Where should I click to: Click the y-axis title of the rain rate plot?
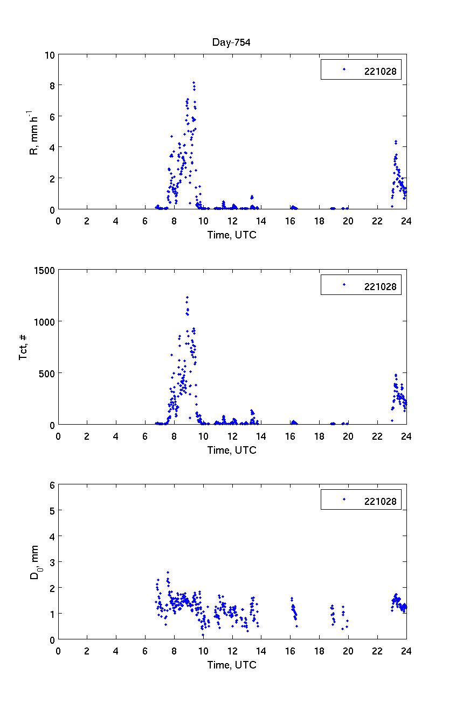pos(33,132)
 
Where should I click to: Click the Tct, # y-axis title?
pos(23,347)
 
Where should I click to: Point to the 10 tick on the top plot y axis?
pos(50,54)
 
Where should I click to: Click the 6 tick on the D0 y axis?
pos(51,484)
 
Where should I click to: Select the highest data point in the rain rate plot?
pos(194,82)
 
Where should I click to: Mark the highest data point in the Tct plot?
pos(187,297)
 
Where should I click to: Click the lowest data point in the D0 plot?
pos(203,635)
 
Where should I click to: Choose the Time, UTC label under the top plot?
pos(232,235)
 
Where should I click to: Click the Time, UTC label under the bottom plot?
pos(232,665)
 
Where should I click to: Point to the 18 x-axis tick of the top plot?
pos(319,220)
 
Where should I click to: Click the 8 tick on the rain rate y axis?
pos(51,85)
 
